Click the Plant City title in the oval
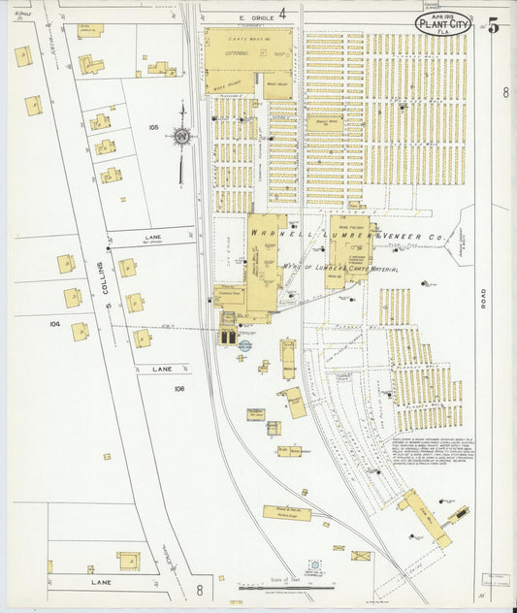pyautogui.click(x=443, y=22)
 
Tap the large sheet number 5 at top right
pyautogui.click(x=493, y=26)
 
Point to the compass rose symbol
pyautogui.click(x=180, y=137)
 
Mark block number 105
pyautogui.click(x=153, y=127)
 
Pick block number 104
pyautogui.click(x=55, y=324)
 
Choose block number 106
pyautogui.click(x=178, y=388)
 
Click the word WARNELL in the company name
pyautogui.click(x=275, y=234)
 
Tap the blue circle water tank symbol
pyautogui.click(x=244, y=345)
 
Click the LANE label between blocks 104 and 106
pyautogui.click(x=160, y=369)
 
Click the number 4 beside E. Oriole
pyautogui.click(x=282, y=14)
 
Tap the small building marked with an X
pyautogui.click(x=361, y=557)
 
